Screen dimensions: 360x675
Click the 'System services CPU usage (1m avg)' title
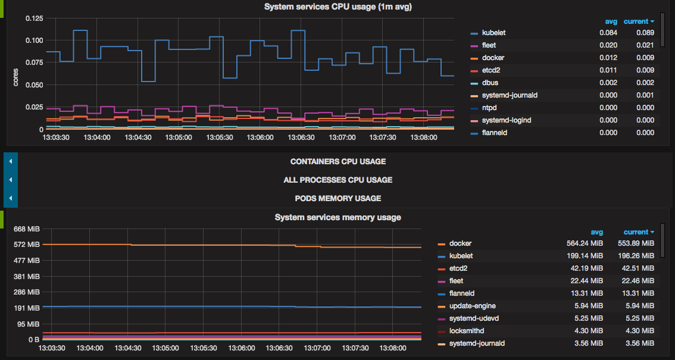tap(337, 7)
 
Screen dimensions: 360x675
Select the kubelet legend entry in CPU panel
tap(493, 33)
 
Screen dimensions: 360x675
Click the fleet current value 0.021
tap(645, 45)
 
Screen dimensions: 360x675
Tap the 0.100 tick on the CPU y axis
tap(35, 40)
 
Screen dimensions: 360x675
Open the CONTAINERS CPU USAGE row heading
tap(337, 161)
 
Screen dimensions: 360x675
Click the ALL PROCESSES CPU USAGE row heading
tap(337, 180)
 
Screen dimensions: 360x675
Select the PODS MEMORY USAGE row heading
tap(337, 198)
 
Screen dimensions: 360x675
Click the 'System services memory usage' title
tap(337, 217)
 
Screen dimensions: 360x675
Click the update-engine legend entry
tap(473, 306)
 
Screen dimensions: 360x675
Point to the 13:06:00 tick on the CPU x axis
tap(260, 137)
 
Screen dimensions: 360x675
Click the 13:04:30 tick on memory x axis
tap(128, 348)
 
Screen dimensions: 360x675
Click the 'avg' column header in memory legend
tap(596, 232)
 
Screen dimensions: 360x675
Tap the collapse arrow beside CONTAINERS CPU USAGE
tap(10, 161)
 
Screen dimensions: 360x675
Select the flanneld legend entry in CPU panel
tap(494, 133)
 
